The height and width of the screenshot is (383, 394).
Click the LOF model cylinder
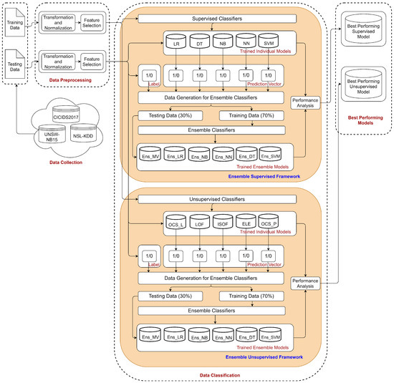pos(199,224)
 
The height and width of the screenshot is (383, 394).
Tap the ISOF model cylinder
pos(222,224)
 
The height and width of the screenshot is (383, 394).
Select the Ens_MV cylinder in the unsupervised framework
pos(151,336)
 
